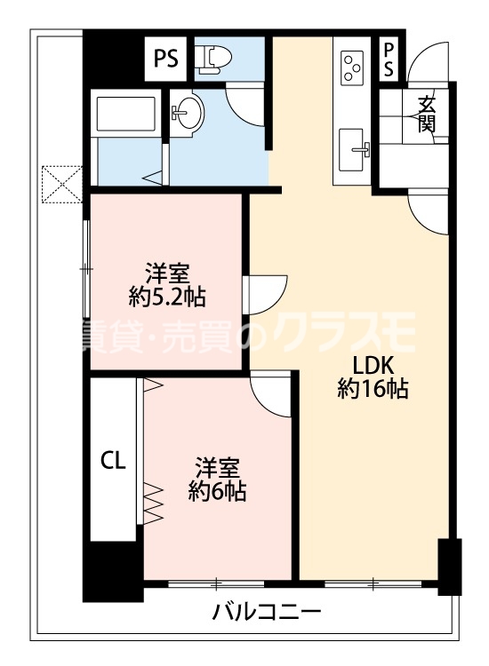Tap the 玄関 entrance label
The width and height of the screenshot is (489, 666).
[x=427, y=114]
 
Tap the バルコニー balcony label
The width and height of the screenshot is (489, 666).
[x=266, y=612]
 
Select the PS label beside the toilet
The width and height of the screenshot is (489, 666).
[x=166, y=59]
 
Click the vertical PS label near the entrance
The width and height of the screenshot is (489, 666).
[x=389, y=60]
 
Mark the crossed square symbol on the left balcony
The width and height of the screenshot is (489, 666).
[x=60, y=186]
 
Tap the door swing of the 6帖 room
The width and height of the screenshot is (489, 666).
[x=272, y=391]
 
